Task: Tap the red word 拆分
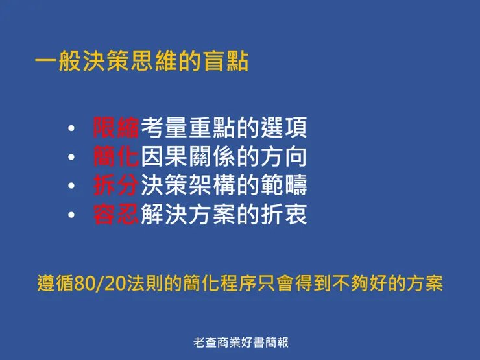click(116, 186)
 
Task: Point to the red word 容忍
click(116, 214)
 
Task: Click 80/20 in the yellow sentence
click(96, 284)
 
